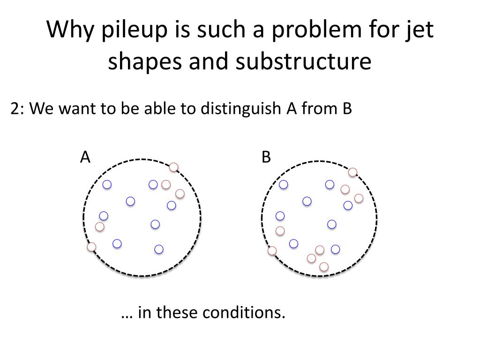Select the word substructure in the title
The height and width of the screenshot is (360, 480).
point(303,61)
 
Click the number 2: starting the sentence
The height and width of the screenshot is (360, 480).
point(18,109)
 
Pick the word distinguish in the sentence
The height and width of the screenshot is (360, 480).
point(240,109)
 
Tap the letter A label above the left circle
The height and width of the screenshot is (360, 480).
point(85,157)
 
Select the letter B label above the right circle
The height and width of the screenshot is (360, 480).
point(266,157)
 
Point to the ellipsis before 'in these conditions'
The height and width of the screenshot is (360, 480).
point(127,314)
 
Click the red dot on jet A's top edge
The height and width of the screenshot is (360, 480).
point(174,167)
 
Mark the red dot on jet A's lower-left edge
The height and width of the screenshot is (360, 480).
point(92,247)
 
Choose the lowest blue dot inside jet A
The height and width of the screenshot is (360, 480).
point(159,249)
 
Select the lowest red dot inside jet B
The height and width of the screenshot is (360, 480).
point(323,267)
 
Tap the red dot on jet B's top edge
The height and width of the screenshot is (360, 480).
point(352,172)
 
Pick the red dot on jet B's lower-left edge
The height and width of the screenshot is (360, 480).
point(272,251)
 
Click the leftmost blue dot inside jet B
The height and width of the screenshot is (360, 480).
point(280,216)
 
